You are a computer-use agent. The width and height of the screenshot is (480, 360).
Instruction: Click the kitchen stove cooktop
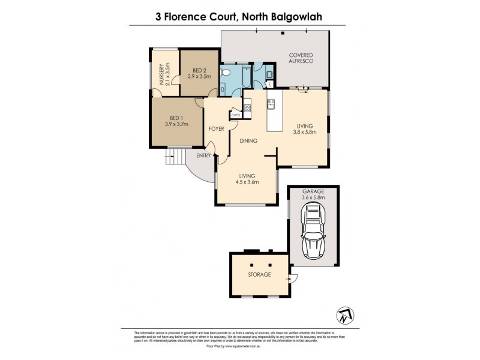[x=247, y=109]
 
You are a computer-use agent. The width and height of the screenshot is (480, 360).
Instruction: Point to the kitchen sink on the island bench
[x=271, y=105]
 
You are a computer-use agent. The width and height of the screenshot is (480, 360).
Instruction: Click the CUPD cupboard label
[x=235, y=115]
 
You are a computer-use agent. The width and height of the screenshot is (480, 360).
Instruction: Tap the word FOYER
[x=216, y=129]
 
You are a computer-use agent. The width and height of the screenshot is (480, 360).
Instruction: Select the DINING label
[x=248, y=142]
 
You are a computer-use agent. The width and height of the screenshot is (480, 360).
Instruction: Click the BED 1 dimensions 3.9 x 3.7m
[x=176, y=124]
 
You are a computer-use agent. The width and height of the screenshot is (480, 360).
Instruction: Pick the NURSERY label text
[x=160, y=74]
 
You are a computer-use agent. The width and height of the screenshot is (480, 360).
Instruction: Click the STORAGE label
[x=259, y=274]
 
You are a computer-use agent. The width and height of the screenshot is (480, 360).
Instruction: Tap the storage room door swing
[x=292, y=278]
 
